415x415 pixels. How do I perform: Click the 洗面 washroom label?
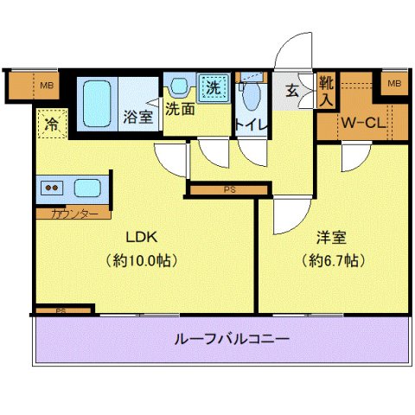[180, 110]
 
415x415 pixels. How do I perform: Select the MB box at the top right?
[394, 83]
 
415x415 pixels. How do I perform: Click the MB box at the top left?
[45, 84]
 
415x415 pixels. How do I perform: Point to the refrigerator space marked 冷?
[52, 124]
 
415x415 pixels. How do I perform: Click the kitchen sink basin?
[87, 188]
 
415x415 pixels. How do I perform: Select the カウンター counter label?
[73, 213]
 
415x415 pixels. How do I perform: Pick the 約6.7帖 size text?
[332, 259]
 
